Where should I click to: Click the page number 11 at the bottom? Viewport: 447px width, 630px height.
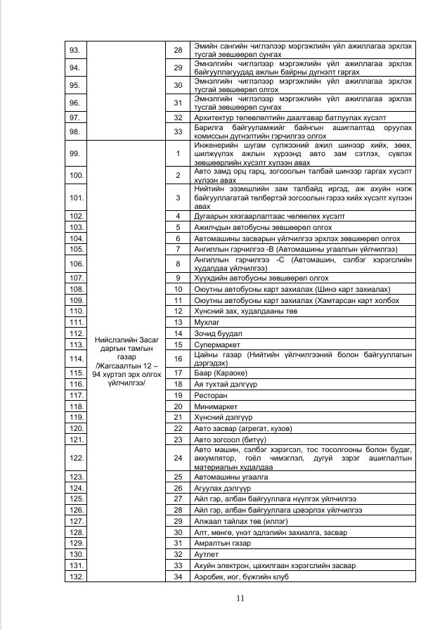pyautogui.click(x=240, y=598)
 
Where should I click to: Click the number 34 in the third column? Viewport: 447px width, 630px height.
pyautogui.click(x=178, y=577)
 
